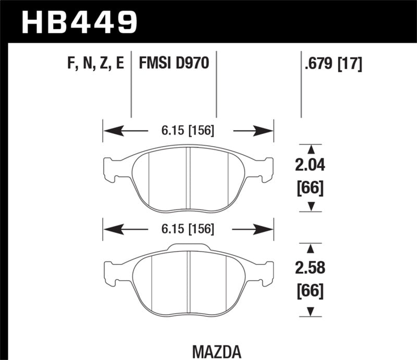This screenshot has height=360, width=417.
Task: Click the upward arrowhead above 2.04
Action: tap(312, 149)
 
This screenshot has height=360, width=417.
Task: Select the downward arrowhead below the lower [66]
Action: tap(312, 312)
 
